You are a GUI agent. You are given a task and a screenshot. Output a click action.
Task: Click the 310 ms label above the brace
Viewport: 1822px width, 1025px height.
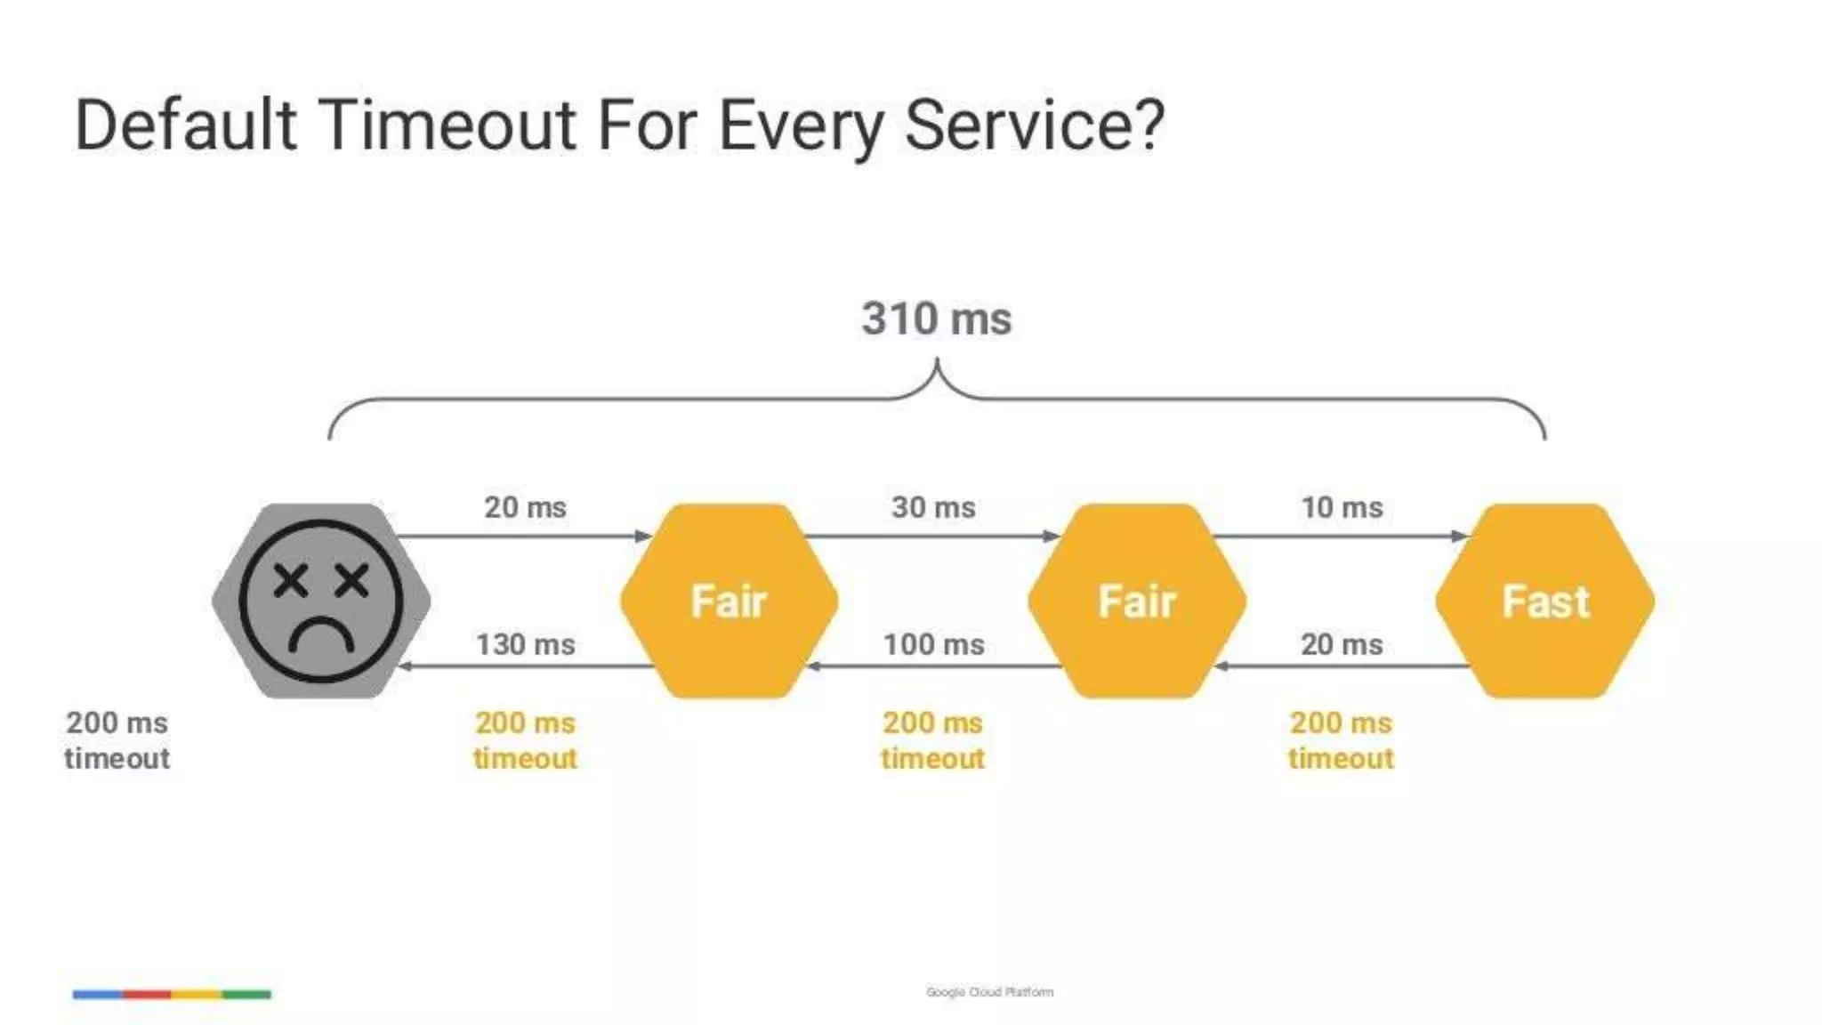(936, 319)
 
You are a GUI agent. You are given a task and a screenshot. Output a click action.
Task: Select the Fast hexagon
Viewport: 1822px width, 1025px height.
(1545, 601)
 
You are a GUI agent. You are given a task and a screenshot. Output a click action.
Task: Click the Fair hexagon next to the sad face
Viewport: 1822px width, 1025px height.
(729, 601)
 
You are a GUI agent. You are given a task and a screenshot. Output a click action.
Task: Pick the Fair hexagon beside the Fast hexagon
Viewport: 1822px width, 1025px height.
(1137, 601)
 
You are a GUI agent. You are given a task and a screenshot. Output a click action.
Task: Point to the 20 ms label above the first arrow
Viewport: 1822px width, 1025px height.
(525, 507)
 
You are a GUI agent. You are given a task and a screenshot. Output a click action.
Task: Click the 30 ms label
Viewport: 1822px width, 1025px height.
(933, 507)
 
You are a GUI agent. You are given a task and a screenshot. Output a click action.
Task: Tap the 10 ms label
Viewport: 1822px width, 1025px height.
(1342, 507)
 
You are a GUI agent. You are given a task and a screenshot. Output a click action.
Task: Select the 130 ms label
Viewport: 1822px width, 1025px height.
(525, 644)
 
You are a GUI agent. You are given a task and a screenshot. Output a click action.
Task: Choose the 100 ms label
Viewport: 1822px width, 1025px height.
(933, 644)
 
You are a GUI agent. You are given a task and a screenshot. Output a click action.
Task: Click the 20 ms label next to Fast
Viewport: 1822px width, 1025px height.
(1342, 644)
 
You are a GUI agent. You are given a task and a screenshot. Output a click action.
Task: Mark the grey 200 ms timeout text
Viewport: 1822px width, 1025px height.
(117, 740)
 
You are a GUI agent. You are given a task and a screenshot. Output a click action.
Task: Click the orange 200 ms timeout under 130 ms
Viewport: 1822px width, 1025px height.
(525, 740)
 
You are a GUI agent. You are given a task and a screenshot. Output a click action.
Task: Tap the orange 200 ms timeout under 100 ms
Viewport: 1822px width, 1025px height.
(932, 740)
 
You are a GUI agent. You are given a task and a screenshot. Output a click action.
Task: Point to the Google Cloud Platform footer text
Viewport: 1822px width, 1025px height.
(989, 992)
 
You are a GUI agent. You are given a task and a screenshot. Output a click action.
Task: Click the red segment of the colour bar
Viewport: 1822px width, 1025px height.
(147, 994)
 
